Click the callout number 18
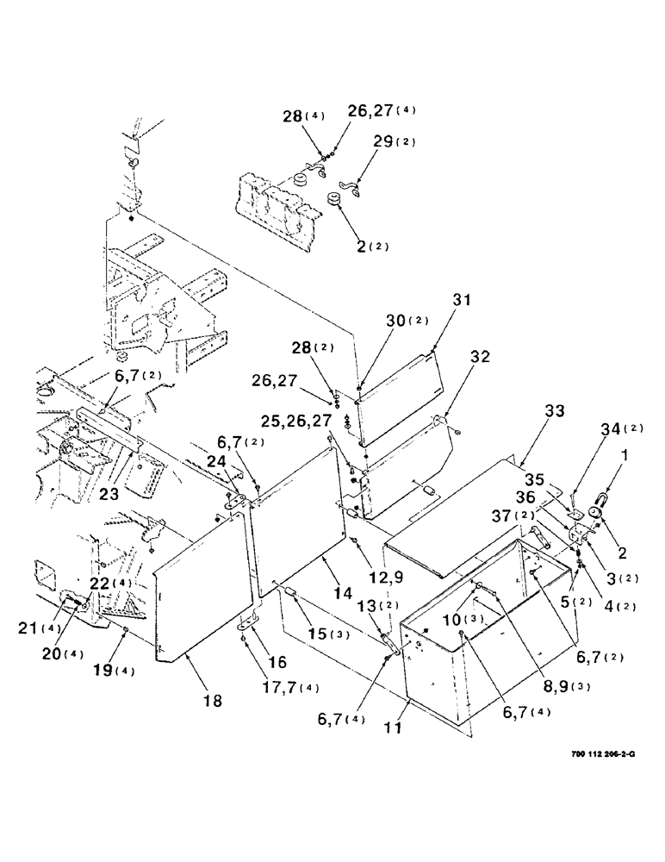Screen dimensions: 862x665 point(212,702)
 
